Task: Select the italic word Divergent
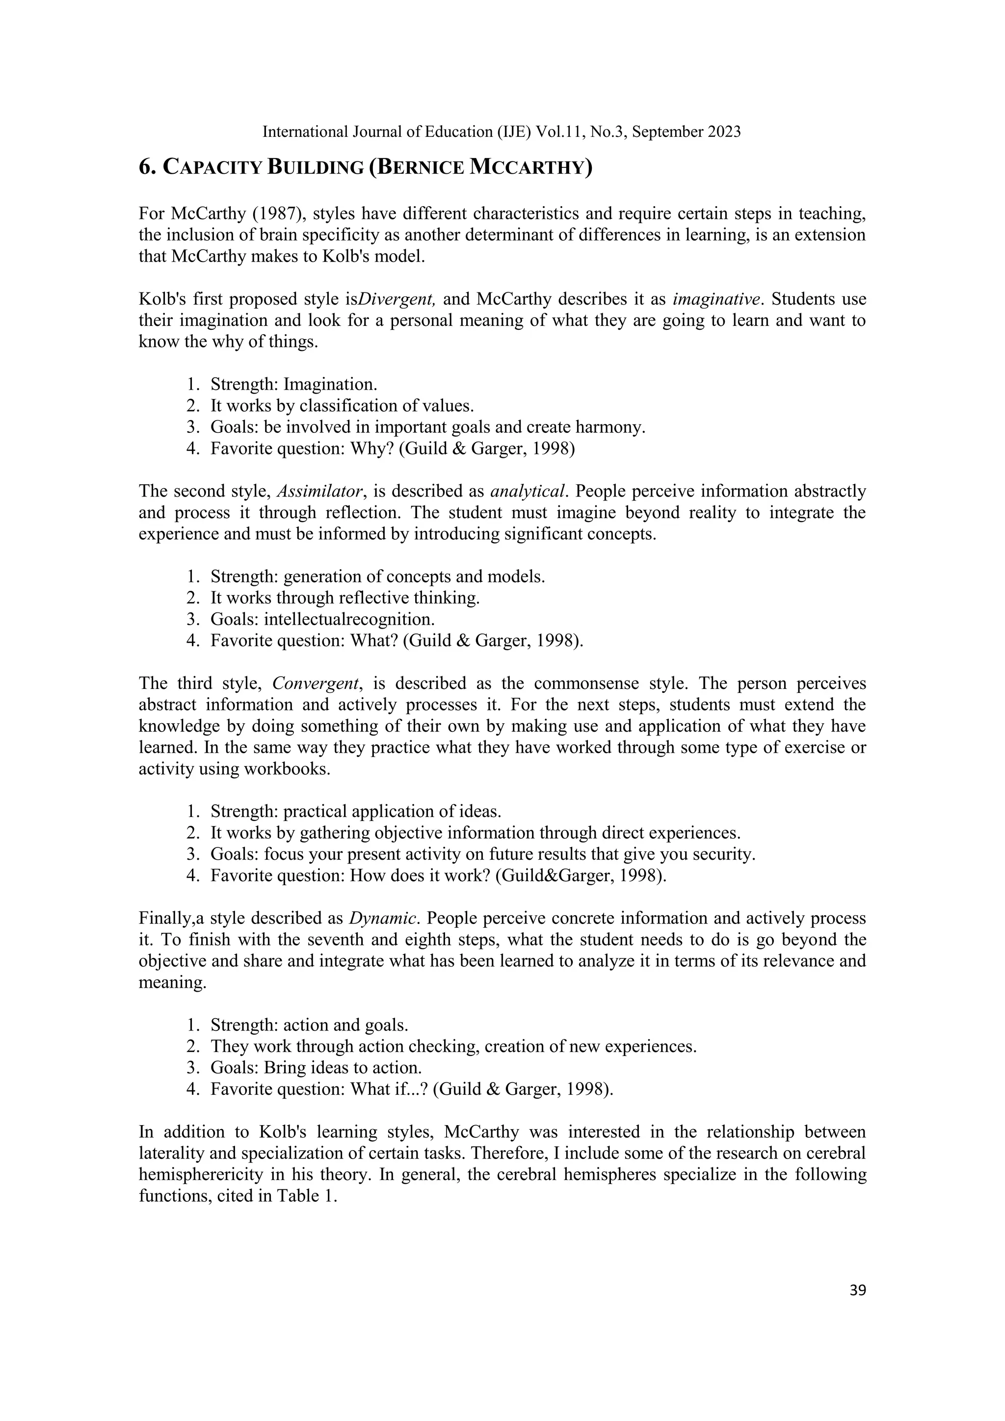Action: pos(397,299)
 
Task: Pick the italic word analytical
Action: pos(528,491)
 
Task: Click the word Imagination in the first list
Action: pos(330,384)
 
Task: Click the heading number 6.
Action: pos(147,168)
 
